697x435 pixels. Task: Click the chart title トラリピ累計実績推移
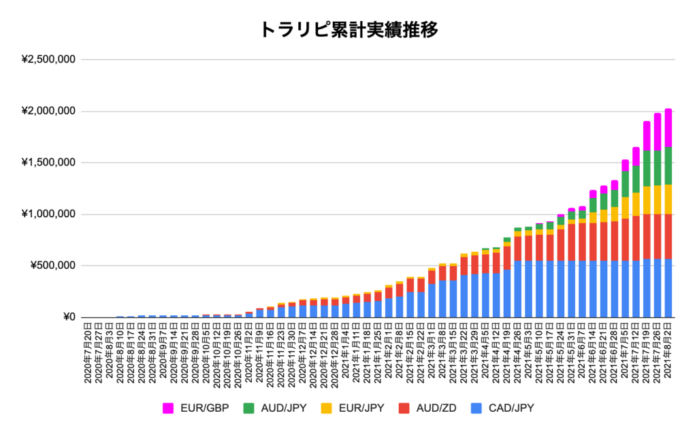348,30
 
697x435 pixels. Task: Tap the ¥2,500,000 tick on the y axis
48,60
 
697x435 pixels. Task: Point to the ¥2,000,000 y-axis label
48,112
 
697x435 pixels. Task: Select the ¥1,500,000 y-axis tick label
48,163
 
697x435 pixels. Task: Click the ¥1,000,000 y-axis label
48,214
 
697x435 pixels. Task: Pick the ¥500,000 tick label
54,265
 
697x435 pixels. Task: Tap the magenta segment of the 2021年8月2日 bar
668,128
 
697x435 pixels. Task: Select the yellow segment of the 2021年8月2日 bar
668,199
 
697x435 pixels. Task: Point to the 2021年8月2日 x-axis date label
668,355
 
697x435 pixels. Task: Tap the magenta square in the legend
167,408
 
